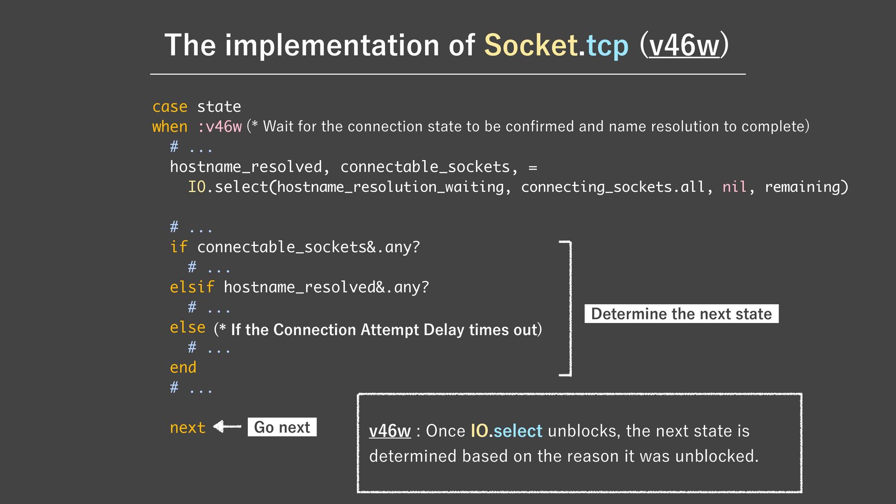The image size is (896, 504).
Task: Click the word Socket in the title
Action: click(x=531, y=46)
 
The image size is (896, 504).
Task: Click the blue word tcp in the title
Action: click(x=607, y=46)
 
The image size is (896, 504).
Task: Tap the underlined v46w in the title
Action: click(x=684, y=46)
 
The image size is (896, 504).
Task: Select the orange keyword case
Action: click(x=169, y=107)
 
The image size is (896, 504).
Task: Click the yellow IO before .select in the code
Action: click(x=196, y=187)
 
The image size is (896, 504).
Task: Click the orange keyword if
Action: click(x=178, y=247)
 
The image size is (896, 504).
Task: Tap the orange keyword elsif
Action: click(x=192, y=287)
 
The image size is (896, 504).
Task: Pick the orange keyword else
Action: click(x=188, y=327)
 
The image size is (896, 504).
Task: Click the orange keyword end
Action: click(x=183, y=367)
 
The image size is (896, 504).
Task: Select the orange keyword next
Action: click(x=188, y=427)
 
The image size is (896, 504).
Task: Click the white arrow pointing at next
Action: click(x=227, y=427)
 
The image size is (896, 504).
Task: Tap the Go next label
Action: click(x=282, y=427)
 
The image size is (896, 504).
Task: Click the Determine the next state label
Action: click(x=681, y=314)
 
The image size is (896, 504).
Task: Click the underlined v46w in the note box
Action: click(x=390, y=431)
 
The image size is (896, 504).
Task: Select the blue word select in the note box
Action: click(x=518, y=431)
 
